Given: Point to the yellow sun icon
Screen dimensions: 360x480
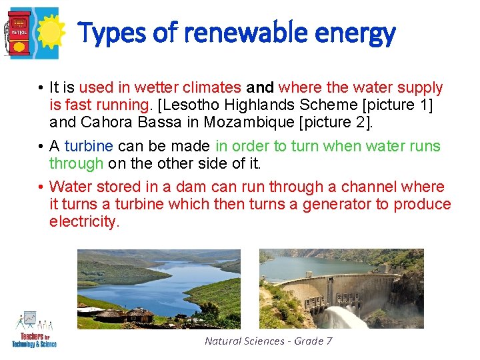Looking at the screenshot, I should [x=49, y=33].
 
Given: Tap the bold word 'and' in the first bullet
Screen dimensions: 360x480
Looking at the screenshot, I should [x=260, y=87].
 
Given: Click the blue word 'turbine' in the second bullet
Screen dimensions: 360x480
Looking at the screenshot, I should [x=89, y=146].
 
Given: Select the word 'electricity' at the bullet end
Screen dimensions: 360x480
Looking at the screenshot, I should [x=83, y=221].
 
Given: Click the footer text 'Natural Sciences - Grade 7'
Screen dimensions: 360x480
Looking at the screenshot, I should [x=269, y=341].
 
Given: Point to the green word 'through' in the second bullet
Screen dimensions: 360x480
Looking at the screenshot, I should [x=76, y=163].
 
